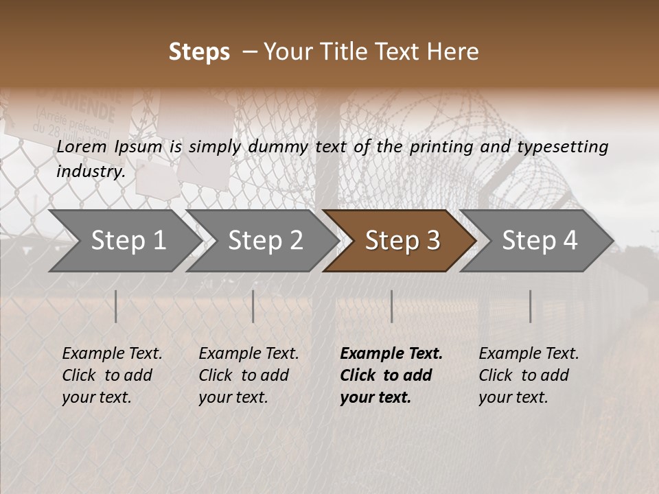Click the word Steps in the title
pos(199,52)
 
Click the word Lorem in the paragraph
pos(81,146)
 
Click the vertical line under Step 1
pos(116,306)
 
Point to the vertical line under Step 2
pos(253,306)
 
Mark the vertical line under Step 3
pos(391,306)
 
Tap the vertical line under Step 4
pos(530,306)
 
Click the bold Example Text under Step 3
pos(391,353)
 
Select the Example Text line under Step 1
pos(112,353)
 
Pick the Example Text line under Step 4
pos(529,353)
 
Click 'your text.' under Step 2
pos(233,397)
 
